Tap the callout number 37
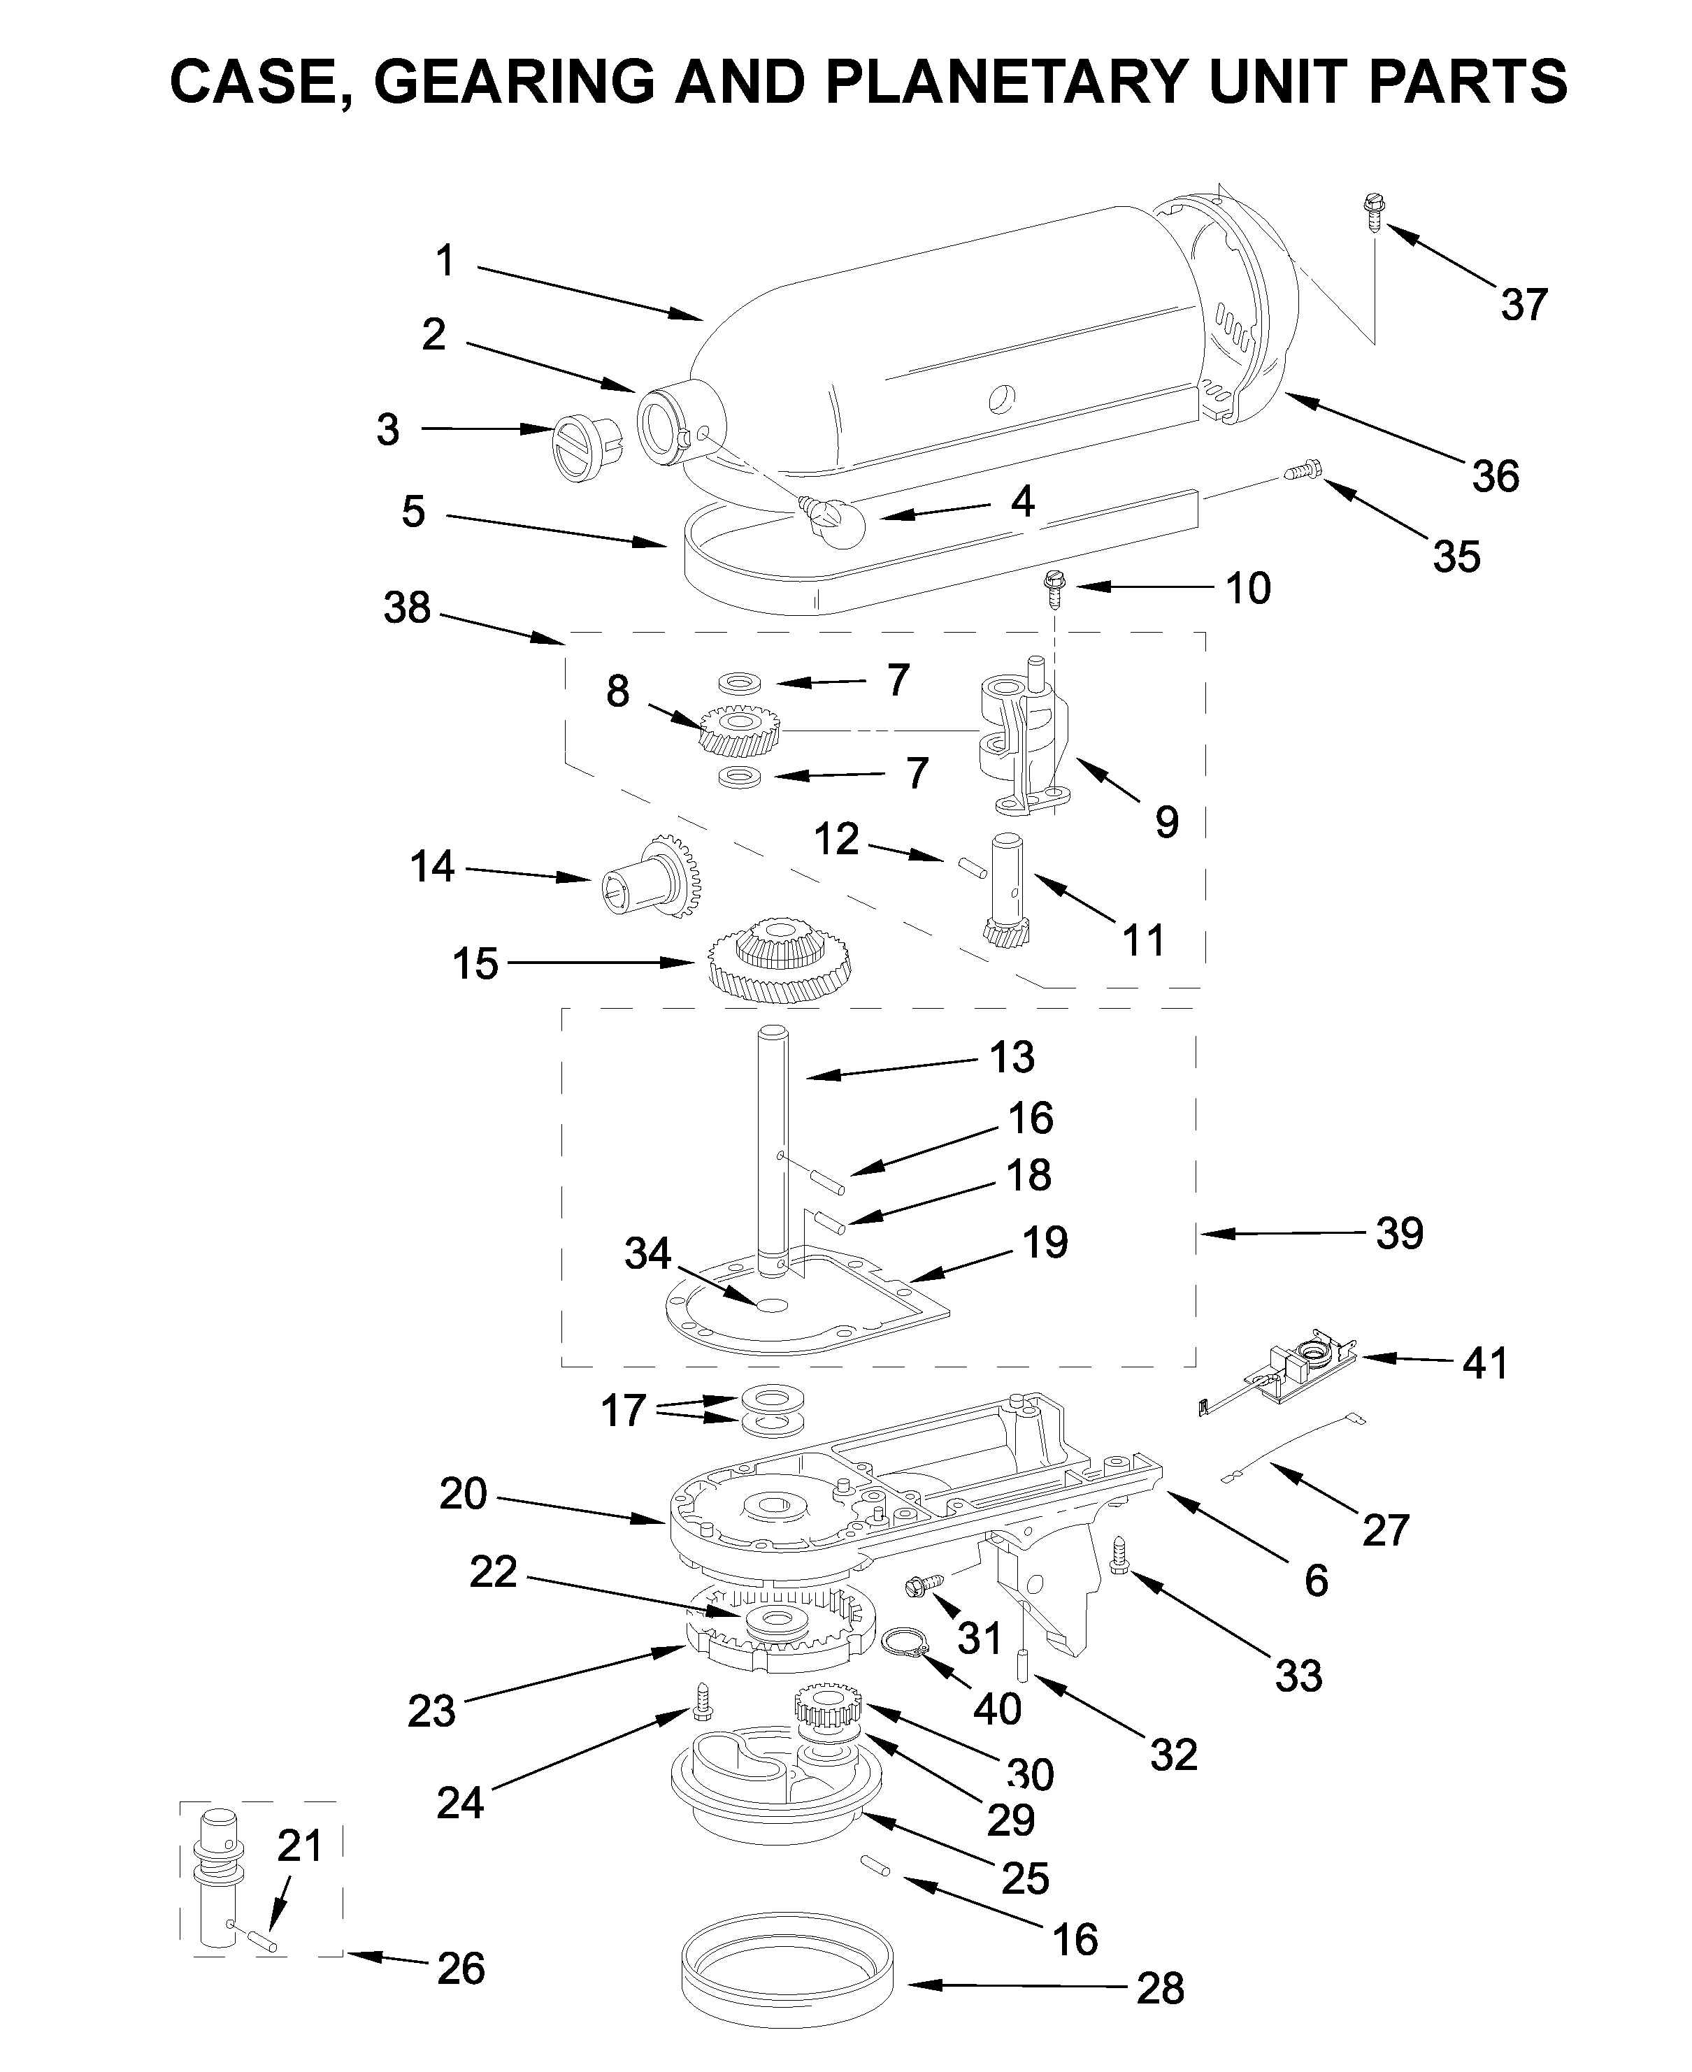(1523, 305)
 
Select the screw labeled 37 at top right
(1373, 212)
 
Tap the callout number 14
(432, 866)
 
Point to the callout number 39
(1400, 1234)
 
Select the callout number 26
(460, 1969)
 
